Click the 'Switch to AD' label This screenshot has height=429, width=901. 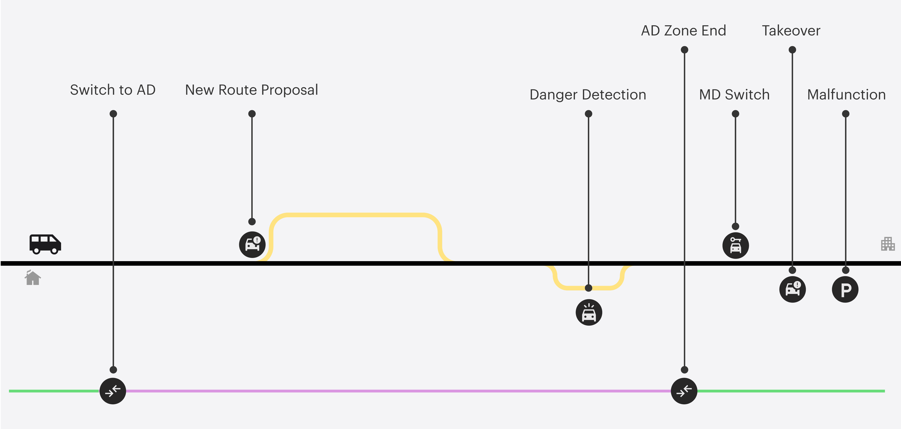click(113, 90)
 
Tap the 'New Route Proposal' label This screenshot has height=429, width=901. click(251, 90)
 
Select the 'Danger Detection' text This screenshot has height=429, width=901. click(588, 95)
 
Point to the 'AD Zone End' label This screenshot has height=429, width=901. click(683, 31)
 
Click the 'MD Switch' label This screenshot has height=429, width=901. click(734, 95)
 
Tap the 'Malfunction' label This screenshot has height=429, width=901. click(846, 95)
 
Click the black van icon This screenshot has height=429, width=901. click(45, 244)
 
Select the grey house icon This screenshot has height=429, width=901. click(33, 278)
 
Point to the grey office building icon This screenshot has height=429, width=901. click(888, 244)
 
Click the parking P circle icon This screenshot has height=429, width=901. click(845, 289)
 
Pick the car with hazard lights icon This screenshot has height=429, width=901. click(589, 312)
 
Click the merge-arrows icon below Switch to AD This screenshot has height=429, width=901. click(113, 391)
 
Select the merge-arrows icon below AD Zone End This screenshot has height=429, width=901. click(684, 391)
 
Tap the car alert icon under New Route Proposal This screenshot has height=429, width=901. click(252, 245)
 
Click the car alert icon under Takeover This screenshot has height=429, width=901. click(793, 289)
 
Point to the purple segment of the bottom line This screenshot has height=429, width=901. click(385, 391)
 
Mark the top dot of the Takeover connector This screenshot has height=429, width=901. click(792, 50)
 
